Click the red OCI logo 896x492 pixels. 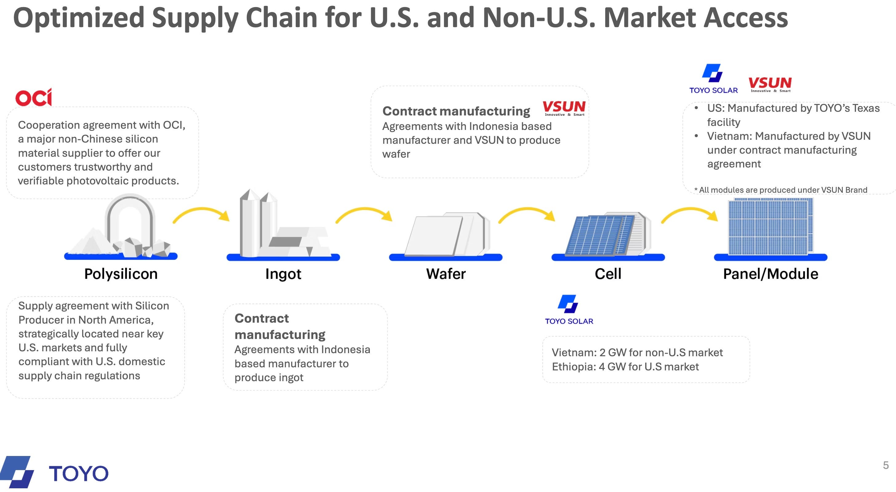[x=34, y=97]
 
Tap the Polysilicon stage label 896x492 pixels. [x=121, y=274]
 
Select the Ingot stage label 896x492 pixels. [x=283, y=274]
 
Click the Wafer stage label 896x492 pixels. [x=446, y=274]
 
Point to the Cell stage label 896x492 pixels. [x=608, y=274]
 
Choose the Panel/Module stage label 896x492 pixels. [x=770, y=274]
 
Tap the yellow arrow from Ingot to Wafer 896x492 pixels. [x=364, y=214]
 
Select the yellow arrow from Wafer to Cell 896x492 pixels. [x=526, y=214]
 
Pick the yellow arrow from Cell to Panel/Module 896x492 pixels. [x=690, y=214]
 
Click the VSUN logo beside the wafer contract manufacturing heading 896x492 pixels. [x=564, y=108]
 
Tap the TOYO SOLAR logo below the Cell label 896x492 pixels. [x=569, y=310]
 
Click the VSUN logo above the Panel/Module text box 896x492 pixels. [x=770, y=85]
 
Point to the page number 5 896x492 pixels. [x=886, y=465]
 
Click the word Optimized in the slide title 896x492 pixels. [x=78, y=18]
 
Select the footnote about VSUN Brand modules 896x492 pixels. [x=781, y=190]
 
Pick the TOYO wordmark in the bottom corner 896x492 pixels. [x=78, y=474]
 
